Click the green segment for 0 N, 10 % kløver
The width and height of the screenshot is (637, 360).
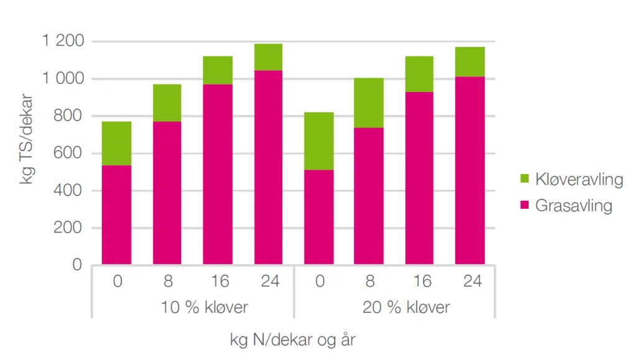[117, 143]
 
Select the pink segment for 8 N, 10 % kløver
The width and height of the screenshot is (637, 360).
[167, 193]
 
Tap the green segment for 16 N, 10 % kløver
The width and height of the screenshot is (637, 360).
[218, 70]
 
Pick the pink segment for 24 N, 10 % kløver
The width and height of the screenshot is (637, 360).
[268, 167]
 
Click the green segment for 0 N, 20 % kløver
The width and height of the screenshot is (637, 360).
[318, 141]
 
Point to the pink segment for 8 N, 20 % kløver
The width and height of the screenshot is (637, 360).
[369, 196]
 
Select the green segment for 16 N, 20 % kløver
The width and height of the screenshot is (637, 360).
[419, 74]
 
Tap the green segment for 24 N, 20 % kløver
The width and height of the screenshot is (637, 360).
[470, 62]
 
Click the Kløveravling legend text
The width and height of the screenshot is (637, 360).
[579, 180]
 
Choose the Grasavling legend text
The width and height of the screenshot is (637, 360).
[574, 206]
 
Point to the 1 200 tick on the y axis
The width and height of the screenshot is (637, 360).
[62, 42]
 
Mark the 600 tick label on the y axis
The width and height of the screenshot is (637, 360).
[68, 154]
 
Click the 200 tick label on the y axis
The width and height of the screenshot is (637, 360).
[68, 228]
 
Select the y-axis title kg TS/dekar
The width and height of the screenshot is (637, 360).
[26, 139]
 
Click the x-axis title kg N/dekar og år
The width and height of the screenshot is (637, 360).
[293, 340]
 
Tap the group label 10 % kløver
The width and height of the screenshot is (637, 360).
[192, 307]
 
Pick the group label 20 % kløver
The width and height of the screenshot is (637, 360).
[394, 307]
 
